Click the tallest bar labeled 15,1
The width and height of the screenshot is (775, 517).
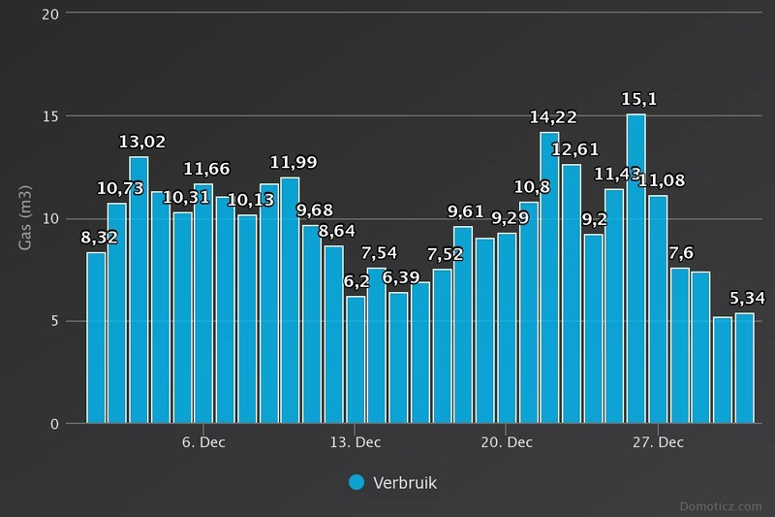635,269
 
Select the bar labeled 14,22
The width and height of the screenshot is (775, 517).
549,277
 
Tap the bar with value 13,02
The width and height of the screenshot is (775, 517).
139,289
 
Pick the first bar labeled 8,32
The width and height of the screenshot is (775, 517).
96,338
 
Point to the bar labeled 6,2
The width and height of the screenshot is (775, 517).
356,359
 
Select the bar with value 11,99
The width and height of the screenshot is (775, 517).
290,300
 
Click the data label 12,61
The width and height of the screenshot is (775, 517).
575,149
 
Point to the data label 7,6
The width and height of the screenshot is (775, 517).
681,253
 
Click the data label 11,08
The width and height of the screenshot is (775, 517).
663,180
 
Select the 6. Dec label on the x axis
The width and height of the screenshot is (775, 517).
203,443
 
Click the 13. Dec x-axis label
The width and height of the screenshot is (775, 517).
355,443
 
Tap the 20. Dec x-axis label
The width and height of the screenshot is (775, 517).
507,443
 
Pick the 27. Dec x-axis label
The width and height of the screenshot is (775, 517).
658,443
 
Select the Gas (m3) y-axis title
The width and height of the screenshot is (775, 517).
26,218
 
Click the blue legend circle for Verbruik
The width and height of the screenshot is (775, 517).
356,482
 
